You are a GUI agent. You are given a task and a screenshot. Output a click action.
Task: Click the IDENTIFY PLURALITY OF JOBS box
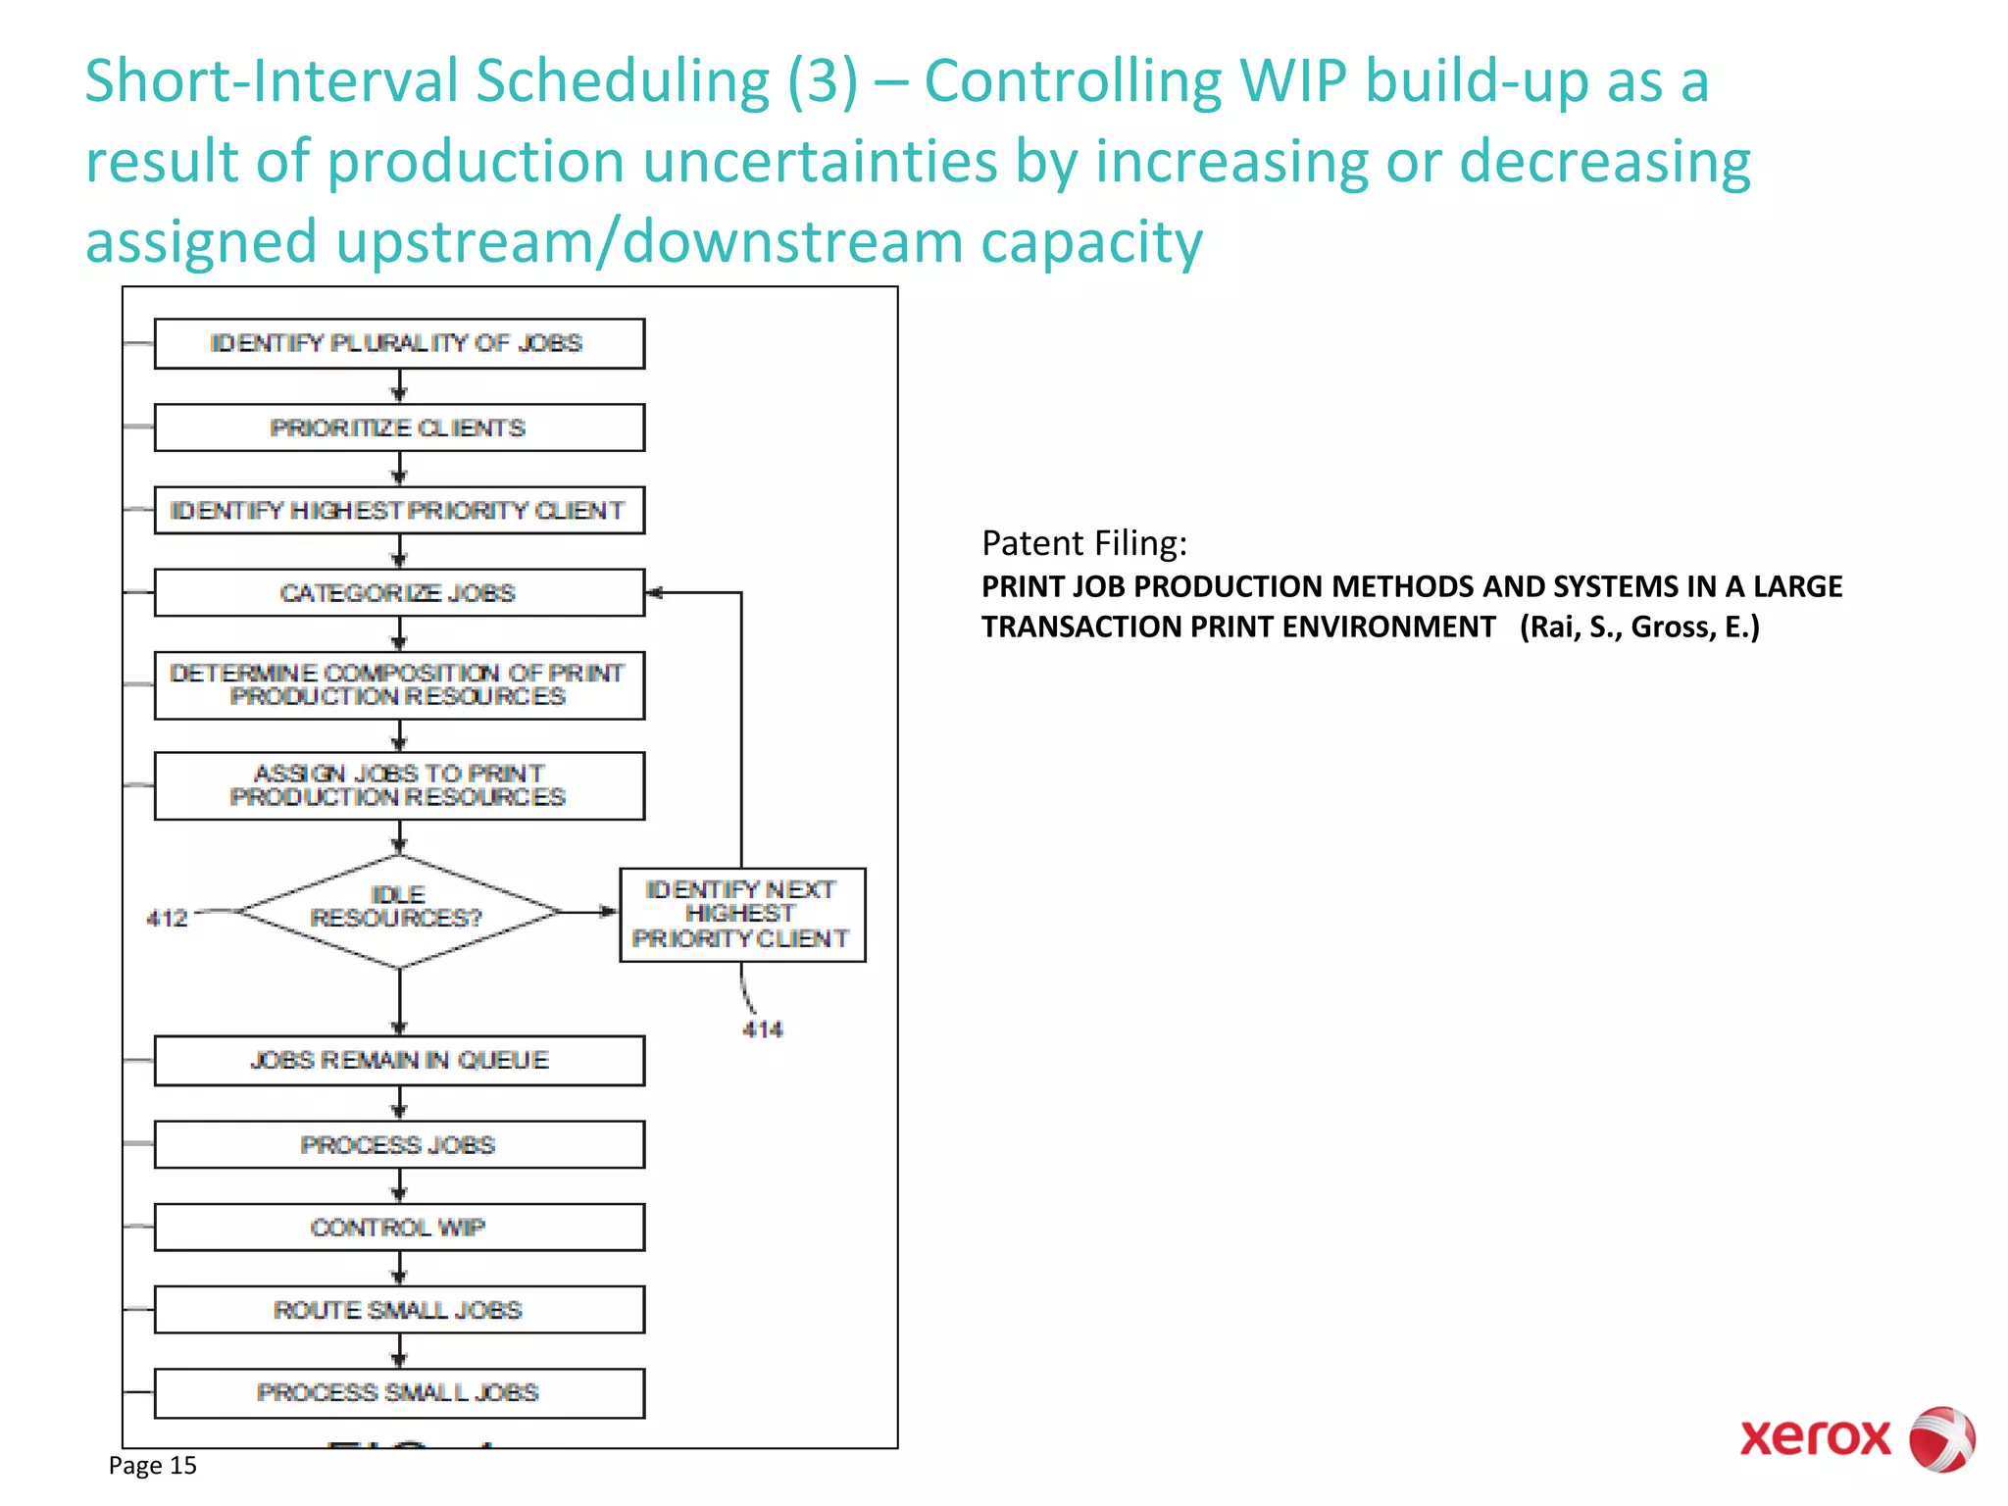pyautogui.click(x=399, y=343)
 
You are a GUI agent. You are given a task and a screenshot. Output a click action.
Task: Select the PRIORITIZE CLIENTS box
pyautogui.click(x=399, y=427)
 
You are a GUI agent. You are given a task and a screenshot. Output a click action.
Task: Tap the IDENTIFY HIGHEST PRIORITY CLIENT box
pyautogui.click(x=399, y=510)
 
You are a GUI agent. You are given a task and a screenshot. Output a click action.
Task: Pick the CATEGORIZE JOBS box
pyautogui.click(x=399, y=592)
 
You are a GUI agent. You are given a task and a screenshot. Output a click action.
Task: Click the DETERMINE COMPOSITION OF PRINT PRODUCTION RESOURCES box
pyautogui.click(x=399, y=685)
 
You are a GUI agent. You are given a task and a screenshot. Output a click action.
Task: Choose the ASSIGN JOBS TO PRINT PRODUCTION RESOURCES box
pyautogui.click(x=399, y=785)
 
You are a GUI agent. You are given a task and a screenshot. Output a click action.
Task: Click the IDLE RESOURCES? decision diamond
pyautogui.click(x=399, y=911)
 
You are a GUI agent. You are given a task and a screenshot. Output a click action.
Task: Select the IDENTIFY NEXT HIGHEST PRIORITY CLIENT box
pyautogui.click(x=742, y=914)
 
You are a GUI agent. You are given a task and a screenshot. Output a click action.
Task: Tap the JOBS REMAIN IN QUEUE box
pyautogui.click(x=399, y=1060)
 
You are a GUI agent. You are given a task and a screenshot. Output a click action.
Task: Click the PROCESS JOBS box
pyautogui.click(x=399, y=1144)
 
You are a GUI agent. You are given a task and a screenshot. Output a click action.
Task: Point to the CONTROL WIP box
pyautogui.click(x=399, y=1227)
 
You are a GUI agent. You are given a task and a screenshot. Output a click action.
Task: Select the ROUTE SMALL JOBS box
pyautogui.click(x=399, y=1309)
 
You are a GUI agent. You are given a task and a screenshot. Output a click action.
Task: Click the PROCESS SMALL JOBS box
pyautogui.click(x=399, y=1392)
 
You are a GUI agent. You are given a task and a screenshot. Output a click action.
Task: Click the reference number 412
pyautogui.click(x=167, y=919)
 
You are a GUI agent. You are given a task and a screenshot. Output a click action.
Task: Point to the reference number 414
pyautogui.click(x=762, y=1029)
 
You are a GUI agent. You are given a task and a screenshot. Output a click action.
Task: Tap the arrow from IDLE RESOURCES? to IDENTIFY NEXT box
pyautogui.click(x=589, y=911)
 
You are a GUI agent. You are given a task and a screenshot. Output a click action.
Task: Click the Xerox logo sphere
pyautogui.click(x=1941, y=1438)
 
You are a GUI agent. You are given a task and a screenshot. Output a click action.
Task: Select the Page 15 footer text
pyautogui.click(x=153, y=1465)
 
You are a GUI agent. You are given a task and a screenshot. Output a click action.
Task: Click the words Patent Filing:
pyautogui.click(x=1083, y=543)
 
